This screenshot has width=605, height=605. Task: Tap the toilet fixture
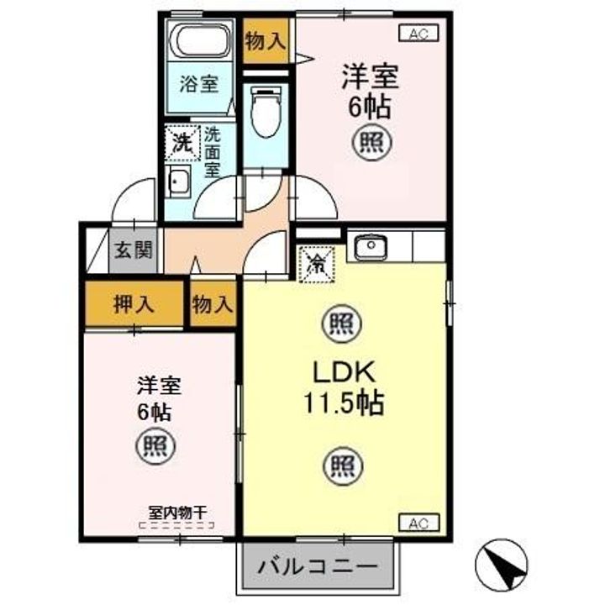click(265, 112)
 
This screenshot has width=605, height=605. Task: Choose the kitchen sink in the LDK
click(369, 247)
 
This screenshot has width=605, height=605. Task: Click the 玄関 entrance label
click(134, 250)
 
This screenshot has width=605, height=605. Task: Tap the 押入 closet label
click(134, 303)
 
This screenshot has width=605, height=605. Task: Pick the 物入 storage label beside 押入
click(212, 303)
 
